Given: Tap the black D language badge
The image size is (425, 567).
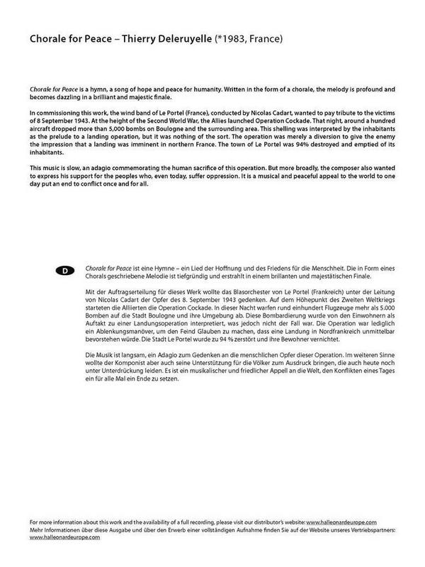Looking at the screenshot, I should click(x=65, y=271).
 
